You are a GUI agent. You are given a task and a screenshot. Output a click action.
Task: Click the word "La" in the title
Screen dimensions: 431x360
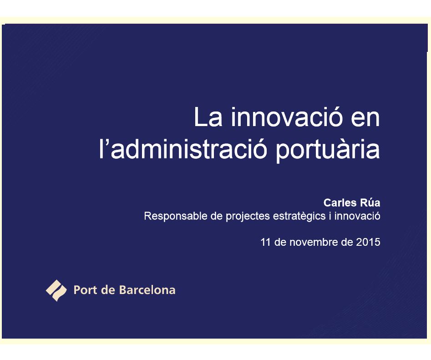point(208,117)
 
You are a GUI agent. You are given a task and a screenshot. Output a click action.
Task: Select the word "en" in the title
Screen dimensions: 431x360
point(365,120)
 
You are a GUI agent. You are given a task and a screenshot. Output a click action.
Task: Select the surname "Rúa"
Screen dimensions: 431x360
point(370,203)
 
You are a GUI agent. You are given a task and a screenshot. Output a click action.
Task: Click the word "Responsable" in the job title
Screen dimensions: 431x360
point(176,216)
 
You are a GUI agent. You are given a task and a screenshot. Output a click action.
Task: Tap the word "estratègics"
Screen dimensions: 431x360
point(299,217)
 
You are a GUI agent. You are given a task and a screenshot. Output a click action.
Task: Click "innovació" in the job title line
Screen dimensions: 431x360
point(357,216)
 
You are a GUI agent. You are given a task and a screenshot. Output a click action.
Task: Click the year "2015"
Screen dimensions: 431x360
point(368,242)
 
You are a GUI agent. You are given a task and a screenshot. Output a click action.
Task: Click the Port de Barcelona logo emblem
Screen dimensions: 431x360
point(56,290)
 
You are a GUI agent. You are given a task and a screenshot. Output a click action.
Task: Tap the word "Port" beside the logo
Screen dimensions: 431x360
point(85,290)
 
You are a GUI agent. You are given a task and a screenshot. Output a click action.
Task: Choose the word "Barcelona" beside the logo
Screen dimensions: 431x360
point(147,290)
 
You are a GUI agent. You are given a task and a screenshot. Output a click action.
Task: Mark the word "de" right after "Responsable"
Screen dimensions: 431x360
point(217,216)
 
